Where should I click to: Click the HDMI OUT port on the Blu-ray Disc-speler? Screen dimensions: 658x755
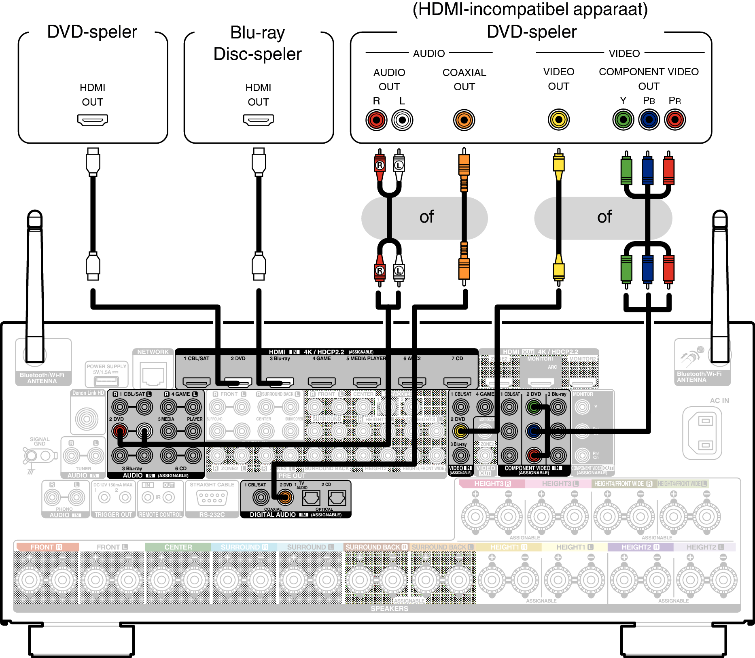click(x=258, y=120)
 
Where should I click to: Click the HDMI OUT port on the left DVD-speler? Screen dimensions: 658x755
click(x=92, y=120)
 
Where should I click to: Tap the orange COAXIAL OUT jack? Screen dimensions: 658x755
click(x=464, y=120)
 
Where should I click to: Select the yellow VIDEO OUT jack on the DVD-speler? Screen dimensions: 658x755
click(x=559, y=119)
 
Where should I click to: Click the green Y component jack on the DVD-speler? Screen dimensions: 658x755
click(x=623, y=119)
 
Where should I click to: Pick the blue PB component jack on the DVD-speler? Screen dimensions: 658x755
click(x=649, y=119)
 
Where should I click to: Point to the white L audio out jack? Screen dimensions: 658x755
click(x=402, y=120)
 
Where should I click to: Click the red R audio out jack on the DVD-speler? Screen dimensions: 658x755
click(x=376, y=120)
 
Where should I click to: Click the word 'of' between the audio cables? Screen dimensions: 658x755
click(x=426, y=217)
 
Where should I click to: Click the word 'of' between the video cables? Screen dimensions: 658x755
click(x=604, y=217)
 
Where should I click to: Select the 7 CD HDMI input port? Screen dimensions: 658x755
click(x=457, y=382)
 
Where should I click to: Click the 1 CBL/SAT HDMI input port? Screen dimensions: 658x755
click(x=197, y=382)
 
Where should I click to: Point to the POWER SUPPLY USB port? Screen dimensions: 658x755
click(x=106, y=381)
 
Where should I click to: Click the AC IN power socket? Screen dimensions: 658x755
click(x=705, y=433)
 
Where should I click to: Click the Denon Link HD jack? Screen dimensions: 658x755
click(x=87, y=419)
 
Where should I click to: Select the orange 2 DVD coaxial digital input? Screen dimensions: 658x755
click(x=285, y=497)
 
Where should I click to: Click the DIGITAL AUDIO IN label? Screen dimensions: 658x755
click(x=272, y=515)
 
